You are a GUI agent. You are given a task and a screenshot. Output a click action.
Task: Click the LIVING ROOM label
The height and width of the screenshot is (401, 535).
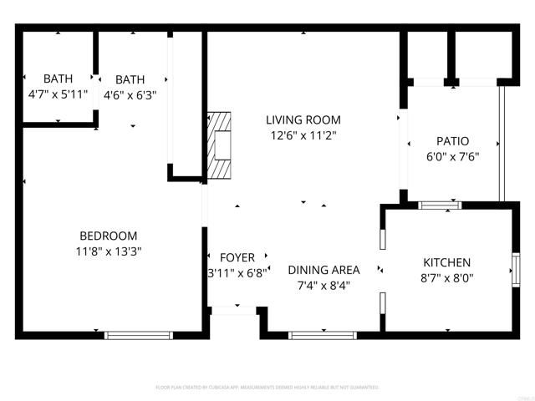[x=303, y=120]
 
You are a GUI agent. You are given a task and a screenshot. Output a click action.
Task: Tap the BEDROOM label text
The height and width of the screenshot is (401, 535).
[x=109, y=236]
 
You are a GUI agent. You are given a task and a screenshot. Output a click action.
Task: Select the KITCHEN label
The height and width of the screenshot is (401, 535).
[x=446, y=262]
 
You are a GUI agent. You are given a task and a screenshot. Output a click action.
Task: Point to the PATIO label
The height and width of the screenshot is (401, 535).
[x=452, y=141]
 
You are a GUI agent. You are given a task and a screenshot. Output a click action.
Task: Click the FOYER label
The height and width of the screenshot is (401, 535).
[x=237, y=257]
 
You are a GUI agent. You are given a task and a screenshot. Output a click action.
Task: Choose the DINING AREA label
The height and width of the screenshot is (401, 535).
[x=324, y=270]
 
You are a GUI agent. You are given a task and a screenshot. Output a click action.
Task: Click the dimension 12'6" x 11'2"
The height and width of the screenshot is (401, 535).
[x=303, y=135]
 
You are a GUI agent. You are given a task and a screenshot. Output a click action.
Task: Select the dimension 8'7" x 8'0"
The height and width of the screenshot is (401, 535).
[x=446, y=278]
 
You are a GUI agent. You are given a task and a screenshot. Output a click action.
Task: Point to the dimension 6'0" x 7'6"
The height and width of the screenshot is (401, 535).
[x=452, y=156]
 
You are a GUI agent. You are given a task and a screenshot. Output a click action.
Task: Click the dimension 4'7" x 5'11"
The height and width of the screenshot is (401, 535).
[x=58, y=94]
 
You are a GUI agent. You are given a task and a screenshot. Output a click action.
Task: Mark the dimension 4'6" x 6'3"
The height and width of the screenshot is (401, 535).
[x=130, y=94]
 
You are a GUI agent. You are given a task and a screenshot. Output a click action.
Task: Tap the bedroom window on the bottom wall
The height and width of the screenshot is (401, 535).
[x=138, y=335]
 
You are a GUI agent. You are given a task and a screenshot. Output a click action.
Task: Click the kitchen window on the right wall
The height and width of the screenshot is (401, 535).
[x=516, y=269]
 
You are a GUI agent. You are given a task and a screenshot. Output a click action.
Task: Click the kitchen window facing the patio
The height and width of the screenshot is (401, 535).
[x=439, y=205]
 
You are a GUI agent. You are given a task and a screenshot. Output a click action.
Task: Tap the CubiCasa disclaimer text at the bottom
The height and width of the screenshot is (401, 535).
[x=267, y=388]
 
